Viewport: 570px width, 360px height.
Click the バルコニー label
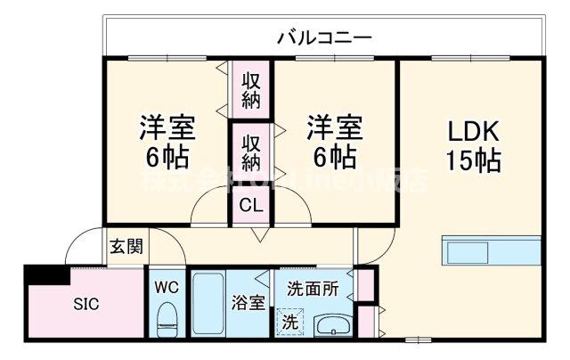[x=323, y=38]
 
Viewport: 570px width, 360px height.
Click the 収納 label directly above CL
[x=252, y=152]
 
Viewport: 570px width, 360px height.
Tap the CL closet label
[x=252, y=204]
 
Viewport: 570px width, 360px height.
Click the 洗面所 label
[x=312, y=289]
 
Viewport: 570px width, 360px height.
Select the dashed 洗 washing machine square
[x=289, y=320]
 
